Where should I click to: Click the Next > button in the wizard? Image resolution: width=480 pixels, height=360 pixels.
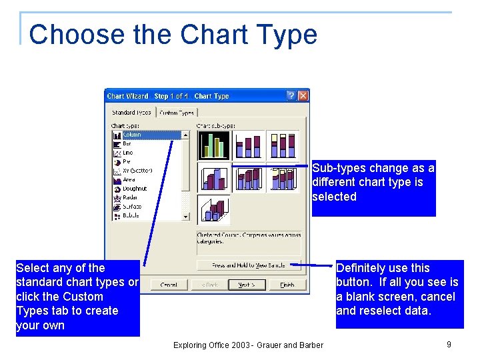247,285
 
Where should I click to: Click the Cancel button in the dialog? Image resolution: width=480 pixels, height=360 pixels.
169,285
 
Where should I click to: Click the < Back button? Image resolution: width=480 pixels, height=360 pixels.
209,285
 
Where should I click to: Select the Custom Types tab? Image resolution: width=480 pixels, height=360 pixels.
177,113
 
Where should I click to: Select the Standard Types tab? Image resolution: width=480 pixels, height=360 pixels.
131,113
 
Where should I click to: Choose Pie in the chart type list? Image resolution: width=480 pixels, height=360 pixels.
127,161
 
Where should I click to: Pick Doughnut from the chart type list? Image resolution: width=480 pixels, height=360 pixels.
134,189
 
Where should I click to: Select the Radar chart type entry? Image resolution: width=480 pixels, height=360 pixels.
131,197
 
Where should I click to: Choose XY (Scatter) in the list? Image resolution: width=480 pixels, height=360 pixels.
137,171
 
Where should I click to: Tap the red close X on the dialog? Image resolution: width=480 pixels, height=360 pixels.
303,96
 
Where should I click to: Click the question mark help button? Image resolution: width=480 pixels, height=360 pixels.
291,96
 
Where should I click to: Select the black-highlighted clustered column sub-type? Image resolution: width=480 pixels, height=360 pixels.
214,145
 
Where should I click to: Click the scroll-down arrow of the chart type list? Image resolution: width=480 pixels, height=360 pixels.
185,216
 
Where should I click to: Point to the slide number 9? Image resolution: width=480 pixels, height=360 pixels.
449,344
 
